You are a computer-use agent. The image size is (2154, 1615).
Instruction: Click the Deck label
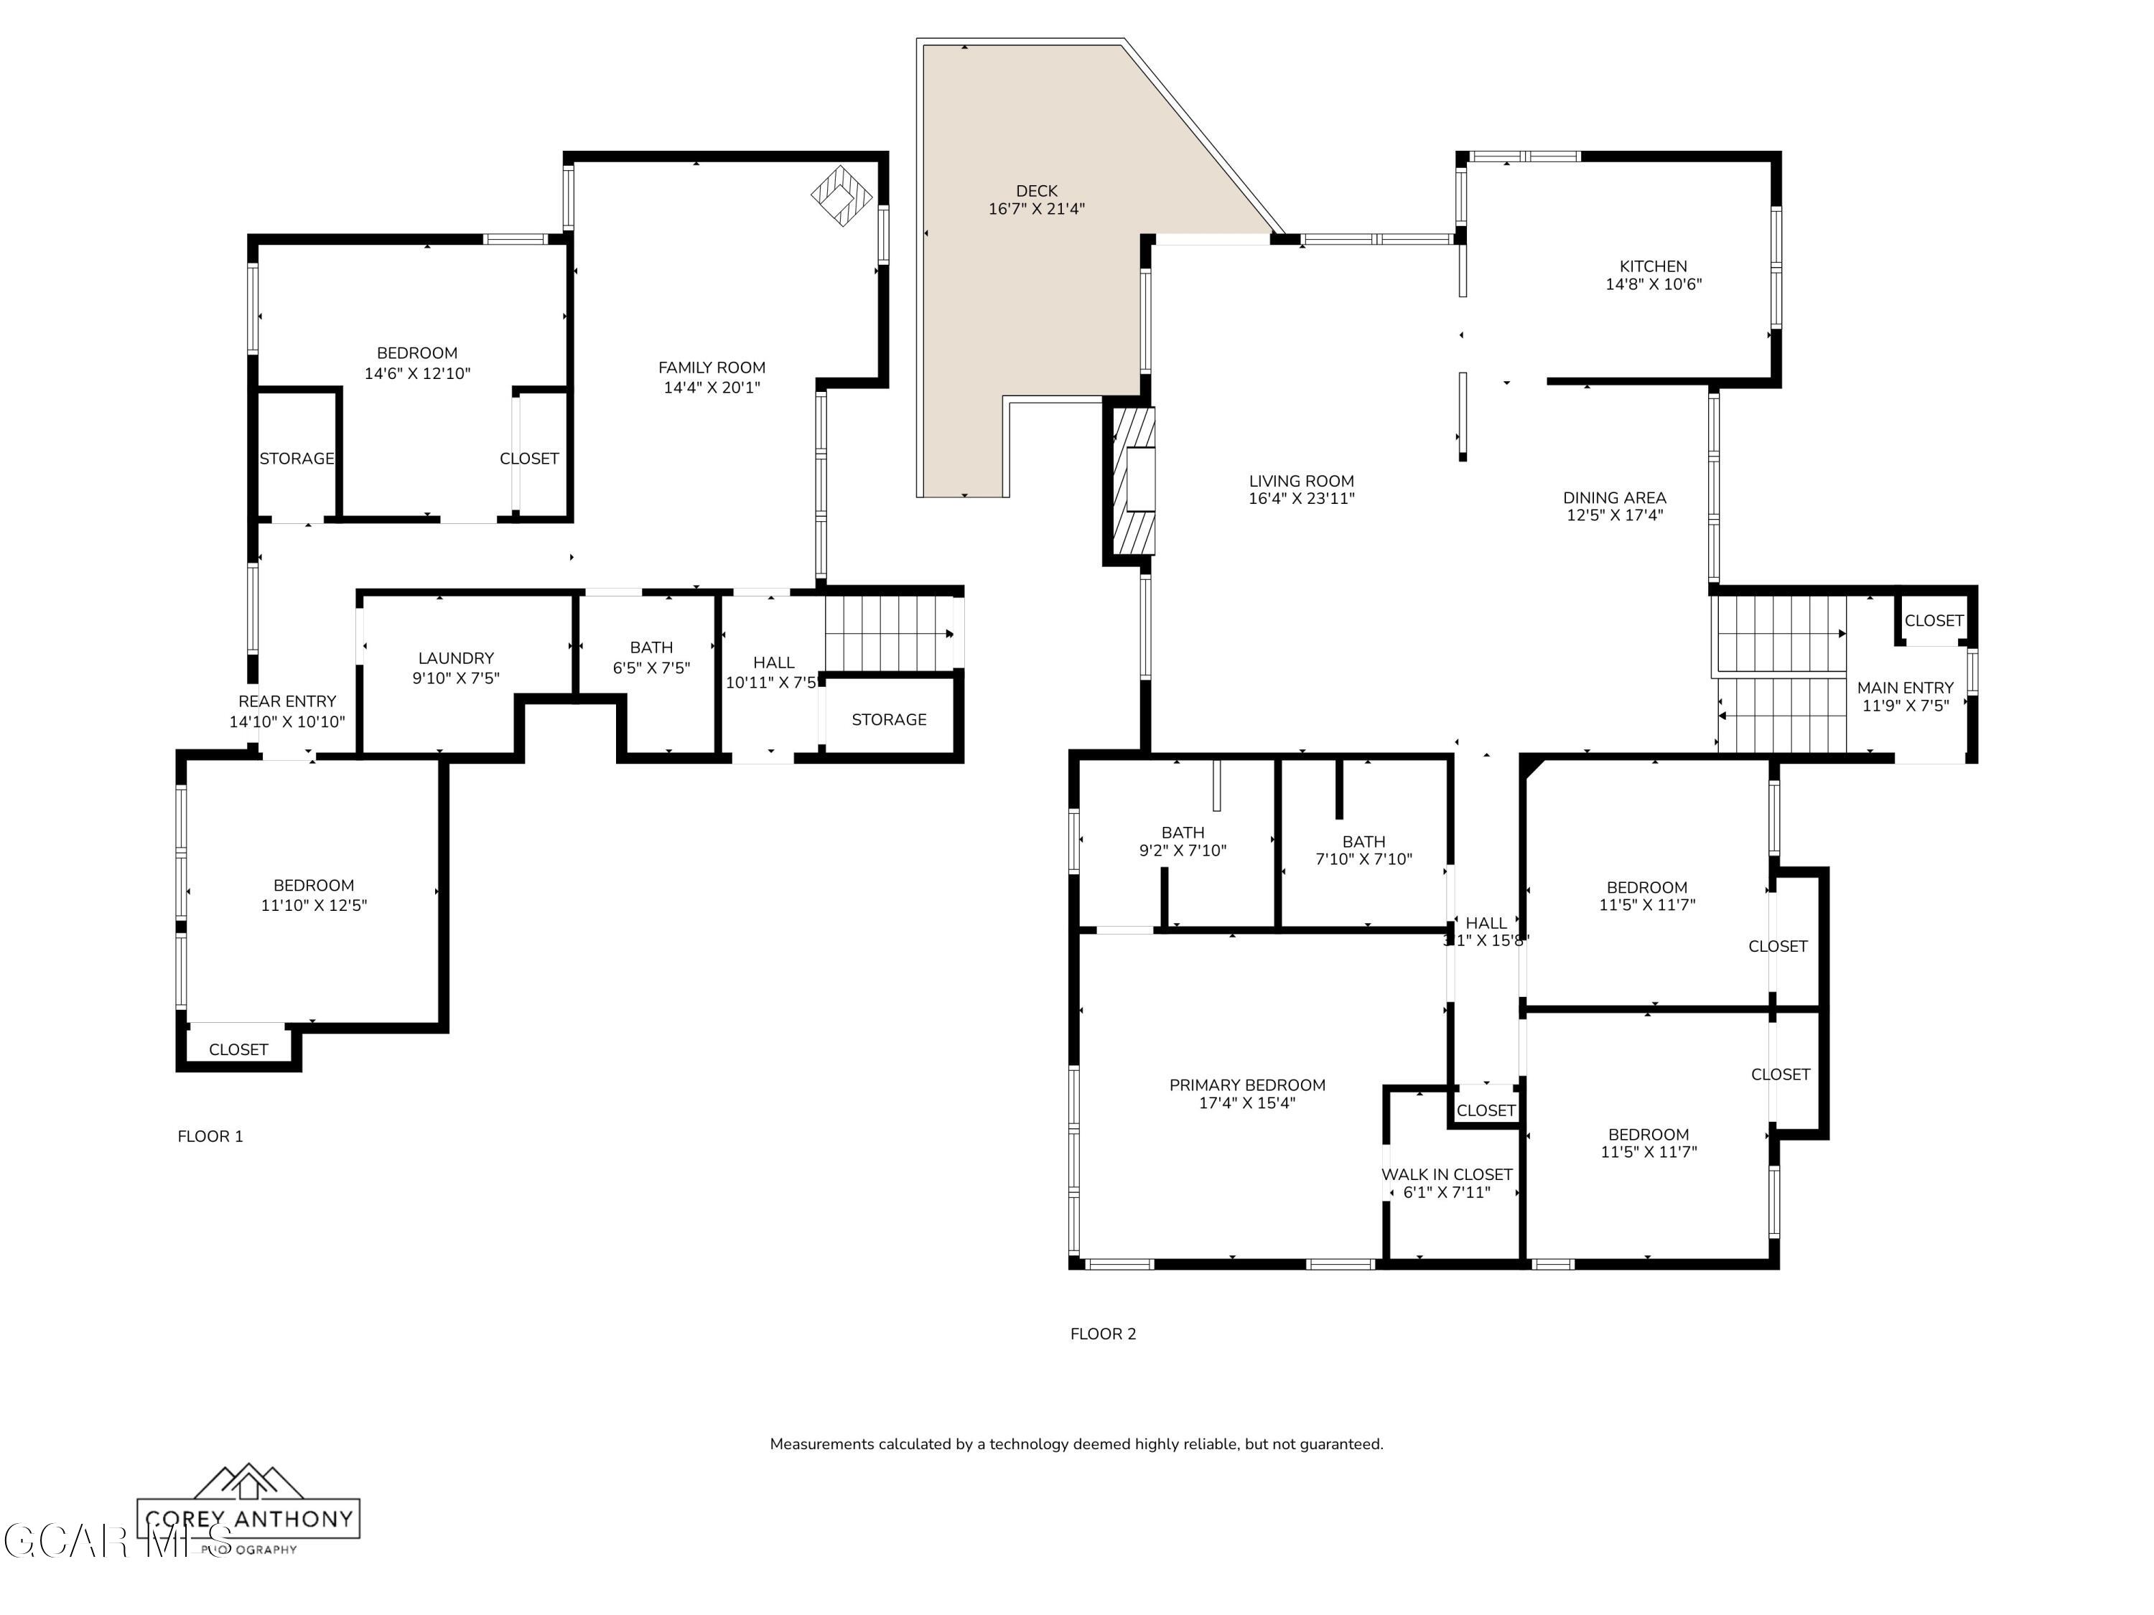click(1036, 191)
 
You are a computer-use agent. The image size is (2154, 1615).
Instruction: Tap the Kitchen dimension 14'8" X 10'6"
click(1654, 284)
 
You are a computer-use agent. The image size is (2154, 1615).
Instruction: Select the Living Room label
click(1301, 481)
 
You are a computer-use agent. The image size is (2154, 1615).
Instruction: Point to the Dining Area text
click(1613, 497)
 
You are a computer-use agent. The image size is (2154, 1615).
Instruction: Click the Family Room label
click(711, 367)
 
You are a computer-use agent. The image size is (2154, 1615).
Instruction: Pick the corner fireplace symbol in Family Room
click(840, 196)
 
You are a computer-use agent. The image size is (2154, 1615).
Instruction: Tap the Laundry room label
click(456, 658)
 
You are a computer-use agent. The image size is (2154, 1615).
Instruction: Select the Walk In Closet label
click(1446, 1174)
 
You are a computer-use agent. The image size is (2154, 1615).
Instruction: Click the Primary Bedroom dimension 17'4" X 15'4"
click(1246, 1103)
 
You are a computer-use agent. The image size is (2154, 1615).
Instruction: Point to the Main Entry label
click(1905, 688)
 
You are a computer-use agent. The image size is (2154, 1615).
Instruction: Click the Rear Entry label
click(286, 701)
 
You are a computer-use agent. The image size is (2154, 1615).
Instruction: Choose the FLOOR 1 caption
click(210, 1136)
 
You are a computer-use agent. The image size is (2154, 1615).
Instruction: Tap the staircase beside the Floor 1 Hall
click(888, 633)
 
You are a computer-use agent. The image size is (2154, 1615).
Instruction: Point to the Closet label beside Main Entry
click(1933, 620)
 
